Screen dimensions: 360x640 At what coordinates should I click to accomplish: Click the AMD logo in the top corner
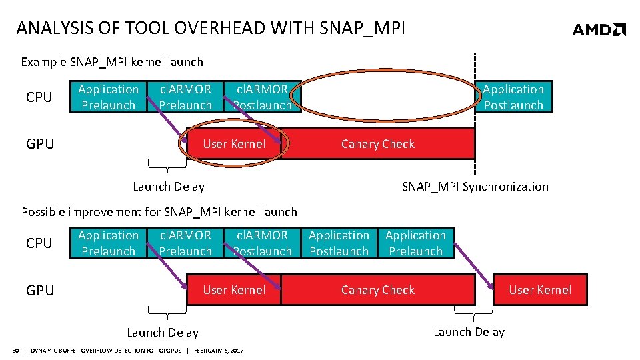599,29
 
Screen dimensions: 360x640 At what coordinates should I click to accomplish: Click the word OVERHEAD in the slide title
226,28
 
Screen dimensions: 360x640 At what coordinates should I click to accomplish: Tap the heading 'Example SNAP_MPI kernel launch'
112,62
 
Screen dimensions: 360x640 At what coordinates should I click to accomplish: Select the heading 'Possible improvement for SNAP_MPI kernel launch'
159,212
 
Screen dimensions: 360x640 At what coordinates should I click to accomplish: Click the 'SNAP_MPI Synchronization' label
475,187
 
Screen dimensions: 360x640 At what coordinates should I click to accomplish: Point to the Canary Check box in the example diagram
377,144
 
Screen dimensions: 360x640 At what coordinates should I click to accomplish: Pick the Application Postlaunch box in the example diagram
513,97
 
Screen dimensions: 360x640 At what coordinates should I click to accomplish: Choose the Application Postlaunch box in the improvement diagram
339,243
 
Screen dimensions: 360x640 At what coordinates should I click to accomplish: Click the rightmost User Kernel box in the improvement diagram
540,290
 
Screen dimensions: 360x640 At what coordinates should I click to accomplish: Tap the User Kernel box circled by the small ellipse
233,144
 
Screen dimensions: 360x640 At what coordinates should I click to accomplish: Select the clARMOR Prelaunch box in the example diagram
185,97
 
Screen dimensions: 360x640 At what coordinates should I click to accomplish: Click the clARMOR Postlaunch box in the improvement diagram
262,243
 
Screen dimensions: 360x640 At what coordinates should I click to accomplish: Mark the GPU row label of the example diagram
40,144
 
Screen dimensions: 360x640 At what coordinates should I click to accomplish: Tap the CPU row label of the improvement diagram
39,243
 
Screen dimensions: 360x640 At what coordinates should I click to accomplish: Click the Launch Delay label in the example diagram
169,187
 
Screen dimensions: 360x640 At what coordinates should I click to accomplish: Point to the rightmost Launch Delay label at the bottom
469,332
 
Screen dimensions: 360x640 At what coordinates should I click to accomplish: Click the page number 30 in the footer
15,351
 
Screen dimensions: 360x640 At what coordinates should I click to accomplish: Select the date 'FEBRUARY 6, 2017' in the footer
219,351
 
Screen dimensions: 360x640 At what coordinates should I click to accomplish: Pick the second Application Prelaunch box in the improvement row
415,243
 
